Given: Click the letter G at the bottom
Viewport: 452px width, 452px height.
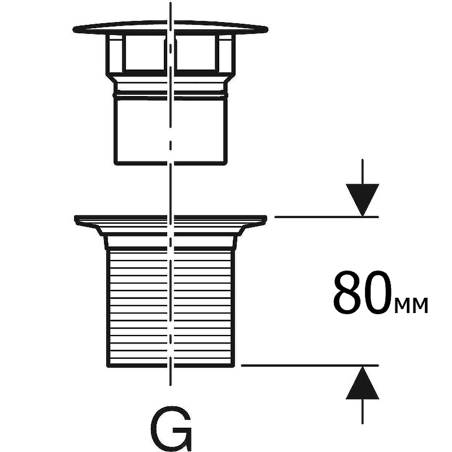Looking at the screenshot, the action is pos(171,429).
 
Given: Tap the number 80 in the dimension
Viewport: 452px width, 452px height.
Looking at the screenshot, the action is pos(363,292).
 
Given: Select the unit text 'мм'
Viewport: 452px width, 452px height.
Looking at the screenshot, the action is pos(411,306).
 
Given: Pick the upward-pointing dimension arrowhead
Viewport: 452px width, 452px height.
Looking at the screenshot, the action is pos(362,383).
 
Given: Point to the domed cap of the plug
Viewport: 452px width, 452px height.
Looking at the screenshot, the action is pos(171,27).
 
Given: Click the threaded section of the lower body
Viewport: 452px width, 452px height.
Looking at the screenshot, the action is pos(171,307).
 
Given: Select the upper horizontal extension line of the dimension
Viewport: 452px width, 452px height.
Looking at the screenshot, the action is pos(327,217).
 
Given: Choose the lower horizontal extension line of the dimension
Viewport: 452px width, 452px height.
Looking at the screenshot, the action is pos(310,366).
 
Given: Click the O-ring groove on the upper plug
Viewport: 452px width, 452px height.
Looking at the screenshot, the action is pos(171,95).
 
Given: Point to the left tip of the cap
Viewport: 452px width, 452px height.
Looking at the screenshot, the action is pos(74,29).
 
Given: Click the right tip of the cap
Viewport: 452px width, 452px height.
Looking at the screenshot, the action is pos(267,29).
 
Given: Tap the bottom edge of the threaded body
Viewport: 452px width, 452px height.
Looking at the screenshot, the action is pos(171,366).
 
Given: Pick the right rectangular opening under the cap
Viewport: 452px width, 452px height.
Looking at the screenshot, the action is pos(196,52).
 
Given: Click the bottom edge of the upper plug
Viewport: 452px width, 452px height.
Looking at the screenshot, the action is pos(171,164).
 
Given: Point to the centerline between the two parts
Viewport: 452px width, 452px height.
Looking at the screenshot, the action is pos(171,190).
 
